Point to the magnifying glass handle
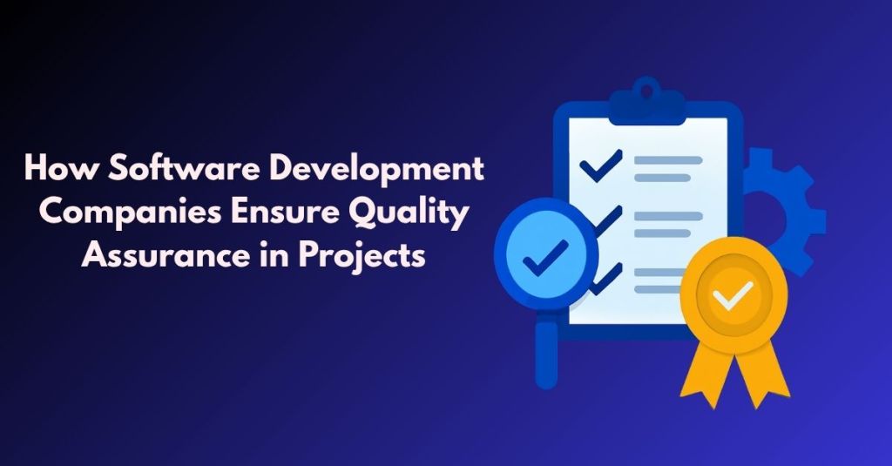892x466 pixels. (x=546, y=353)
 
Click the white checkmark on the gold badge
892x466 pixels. (x=733, y=297)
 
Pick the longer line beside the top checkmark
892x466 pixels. (x=666, y=160)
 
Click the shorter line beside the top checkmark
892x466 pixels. (x=661, y=177)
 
